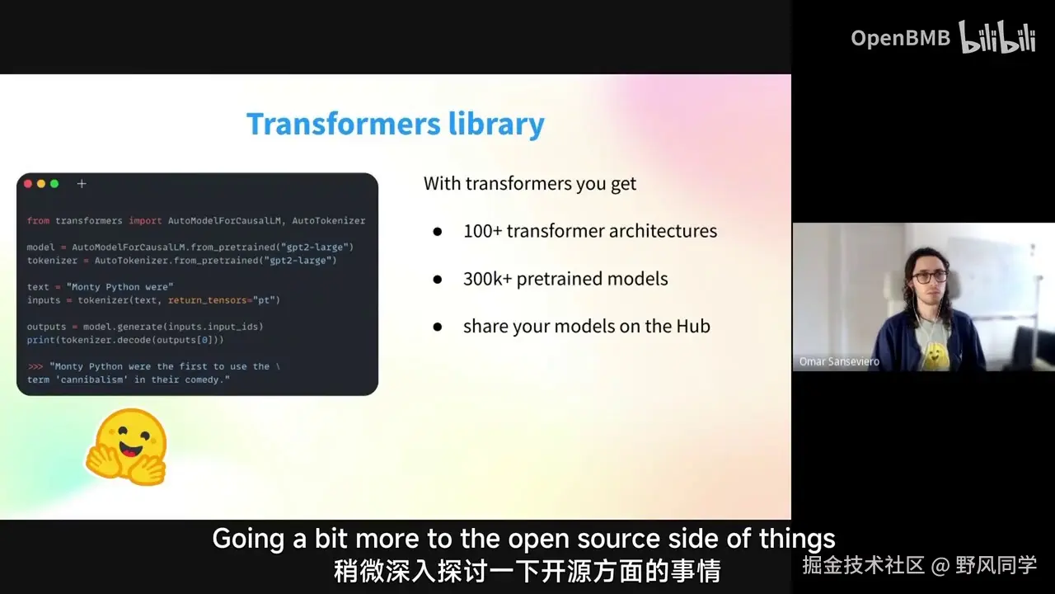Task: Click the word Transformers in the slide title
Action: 344,124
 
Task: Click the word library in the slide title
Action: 496,125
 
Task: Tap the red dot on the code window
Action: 28,184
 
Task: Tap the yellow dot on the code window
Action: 41,184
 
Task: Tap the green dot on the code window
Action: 54,184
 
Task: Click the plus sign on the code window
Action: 82,184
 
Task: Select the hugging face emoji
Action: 126,447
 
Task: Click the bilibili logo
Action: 997,37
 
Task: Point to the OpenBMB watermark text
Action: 901,38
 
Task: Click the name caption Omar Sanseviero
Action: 839,361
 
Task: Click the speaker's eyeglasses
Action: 929,276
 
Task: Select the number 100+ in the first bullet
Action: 483,231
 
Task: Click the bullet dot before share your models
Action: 438,327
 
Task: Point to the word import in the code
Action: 145,220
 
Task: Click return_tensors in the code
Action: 207,300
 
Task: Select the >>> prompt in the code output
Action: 35,366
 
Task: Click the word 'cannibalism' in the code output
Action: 91,379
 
